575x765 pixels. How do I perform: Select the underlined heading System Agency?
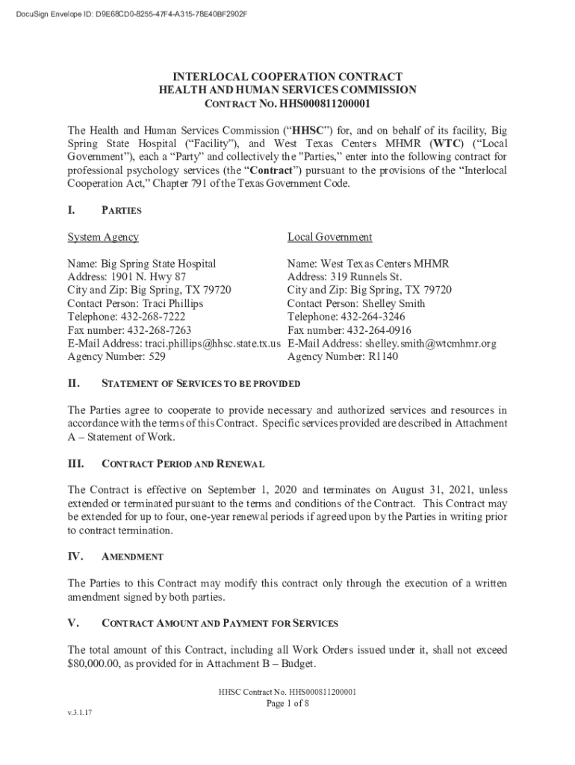click(103, 237)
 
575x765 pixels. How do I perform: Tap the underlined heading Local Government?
click(329, 237)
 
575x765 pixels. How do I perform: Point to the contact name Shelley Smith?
click(394, 303)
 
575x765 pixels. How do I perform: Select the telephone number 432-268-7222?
click(150, 317)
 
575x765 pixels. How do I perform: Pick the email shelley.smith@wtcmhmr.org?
click(430, 344)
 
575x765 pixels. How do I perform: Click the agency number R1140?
click(383, 357)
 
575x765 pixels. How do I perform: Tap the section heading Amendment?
click(132, 557)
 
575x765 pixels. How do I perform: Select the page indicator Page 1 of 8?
click(287, 704)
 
